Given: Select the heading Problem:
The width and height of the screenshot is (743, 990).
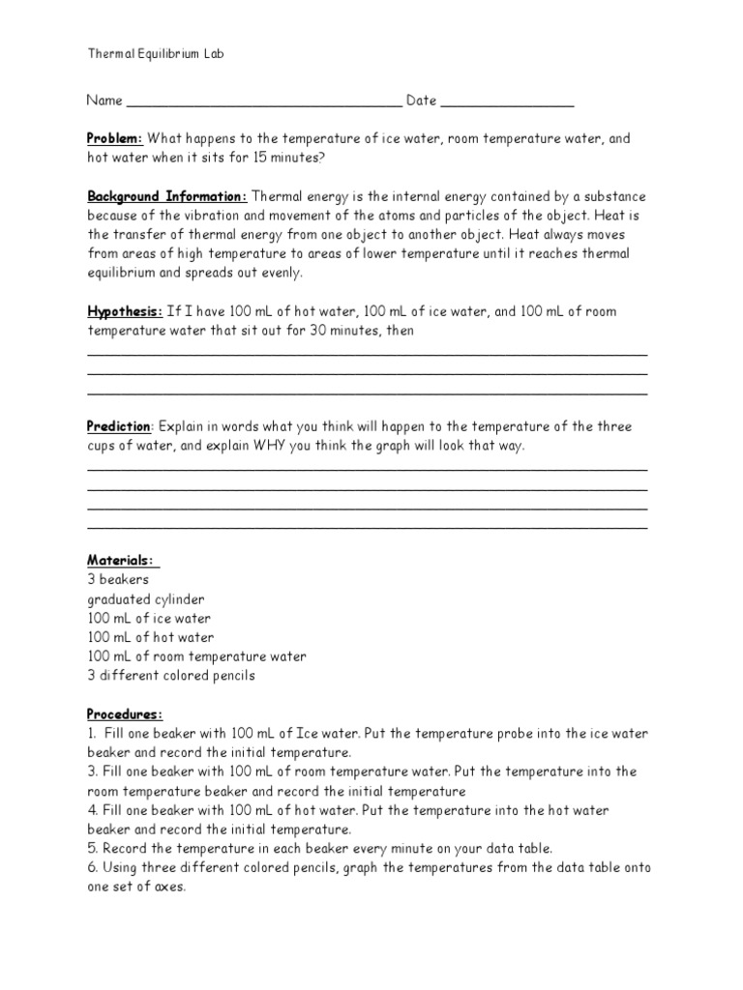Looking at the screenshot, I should (x=115, y=138).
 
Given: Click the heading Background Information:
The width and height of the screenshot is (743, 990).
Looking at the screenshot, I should (x=167, y=196).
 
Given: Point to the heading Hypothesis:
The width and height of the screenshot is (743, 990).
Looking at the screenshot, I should (x=125, y=311).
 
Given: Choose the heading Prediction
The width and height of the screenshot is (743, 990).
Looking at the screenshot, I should (x=119, y=426).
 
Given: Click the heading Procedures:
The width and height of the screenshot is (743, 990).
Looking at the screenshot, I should (x=125, y=714).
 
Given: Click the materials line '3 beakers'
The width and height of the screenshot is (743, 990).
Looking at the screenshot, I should (x=118, y=580).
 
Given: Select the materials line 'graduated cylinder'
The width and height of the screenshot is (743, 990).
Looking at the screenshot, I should (x=145, y=599).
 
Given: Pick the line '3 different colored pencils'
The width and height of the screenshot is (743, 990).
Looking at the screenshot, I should (x=171, y=676).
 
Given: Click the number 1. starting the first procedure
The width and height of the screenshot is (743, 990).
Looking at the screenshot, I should (x=93, y=734).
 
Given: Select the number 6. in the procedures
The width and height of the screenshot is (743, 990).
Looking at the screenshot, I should (x=93, y=867).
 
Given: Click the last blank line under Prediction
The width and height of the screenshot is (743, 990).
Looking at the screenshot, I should (x=368, y=528).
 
